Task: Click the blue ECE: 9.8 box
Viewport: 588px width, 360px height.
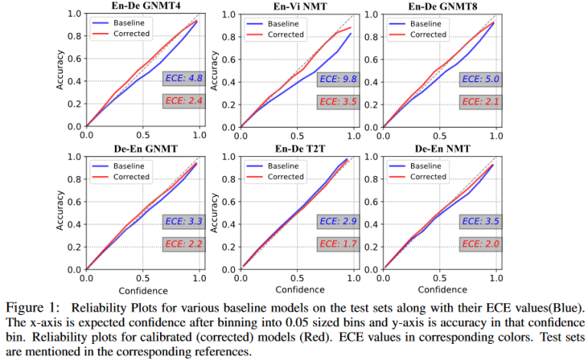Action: pyautogui.click(x=338, y=78)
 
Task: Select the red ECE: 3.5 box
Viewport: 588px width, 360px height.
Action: pyautogui.click(x=338, y=100)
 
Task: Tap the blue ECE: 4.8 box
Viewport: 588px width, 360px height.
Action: pyautogui.click(x=184, y=78)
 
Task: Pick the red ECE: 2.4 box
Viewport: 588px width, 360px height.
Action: pyautogui.click(x=184, y=100)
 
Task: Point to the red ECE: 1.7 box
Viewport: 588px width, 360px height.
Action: pyautogui.click(x=338, y=244)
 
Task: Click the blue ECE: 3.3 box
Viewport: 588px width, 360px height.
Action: pyautogui.click(x=184, y=221)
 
